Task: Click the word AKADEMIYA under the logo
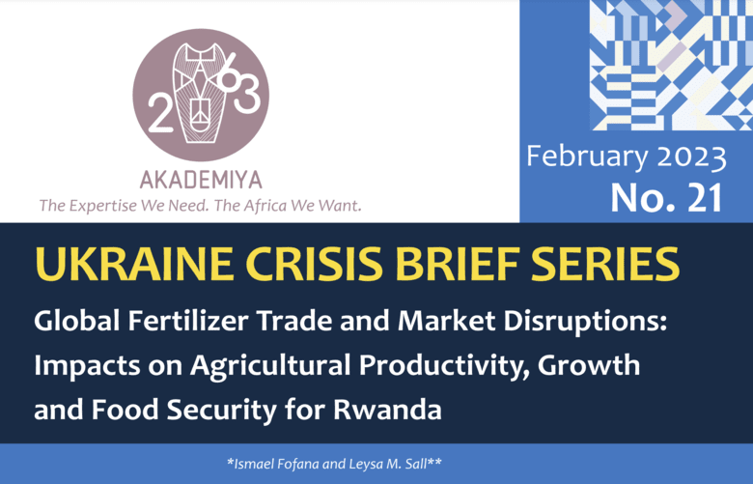tap(201, 180)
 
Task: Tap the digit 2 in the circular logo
tap(160, 113)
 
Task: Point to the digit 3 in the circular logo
tap(247, 96)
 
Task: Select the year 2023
tap(691, 157)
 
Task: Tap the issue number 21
tap(705, 197)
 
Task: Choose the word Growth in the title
tap(589, 365)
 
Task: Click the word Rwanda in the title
tap(387, 410)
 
